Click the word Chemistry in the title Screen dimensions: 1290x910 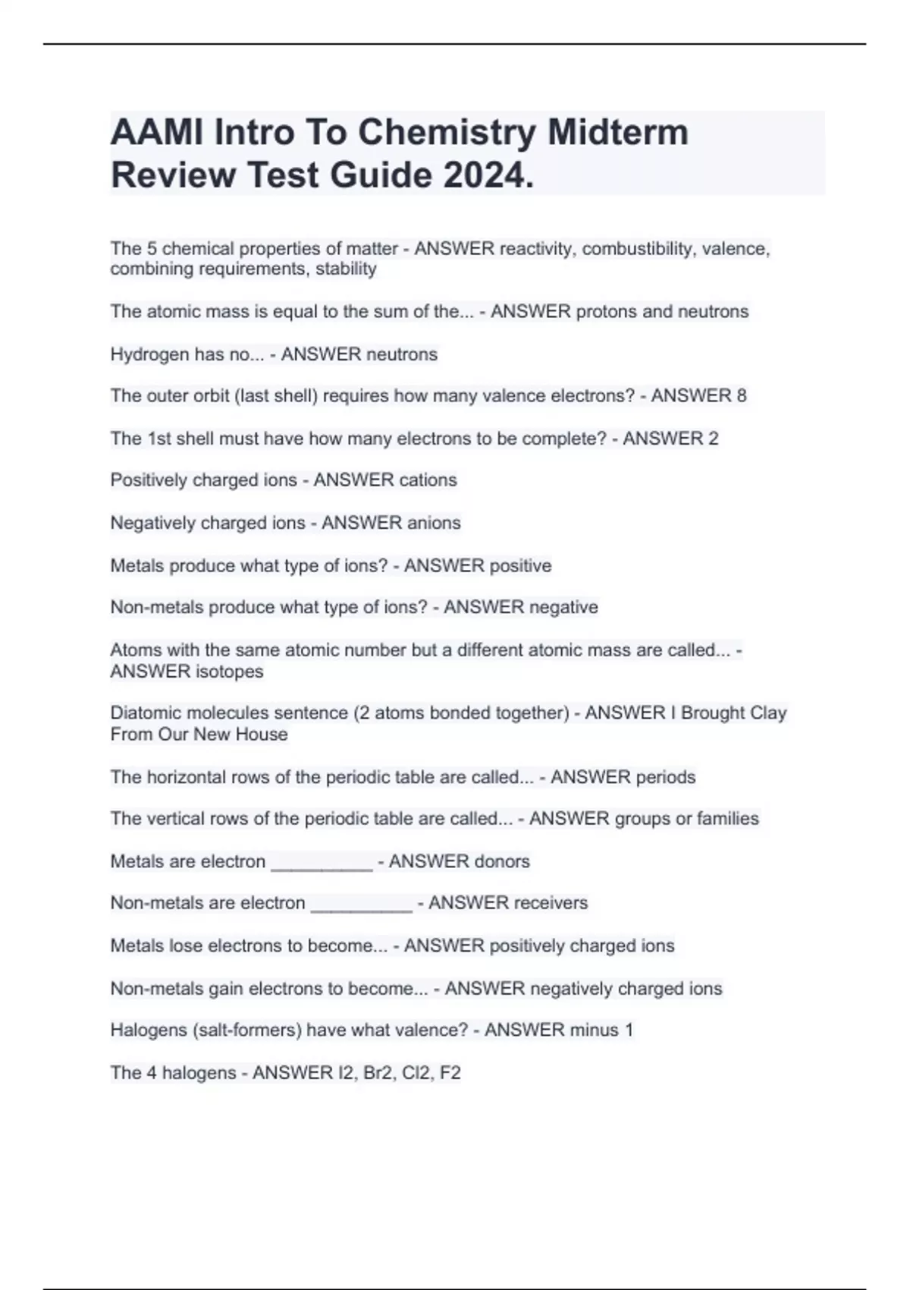447,133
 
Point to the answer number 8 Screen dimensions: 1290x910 741,395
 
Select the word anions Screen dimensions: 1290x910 434,523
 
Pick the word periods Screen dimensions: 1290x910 666,777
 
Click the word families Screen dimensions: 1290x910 727,819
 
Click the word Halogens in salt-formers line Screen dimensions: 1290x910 149,1030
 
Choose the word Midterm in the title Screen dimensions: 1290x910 617,133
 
